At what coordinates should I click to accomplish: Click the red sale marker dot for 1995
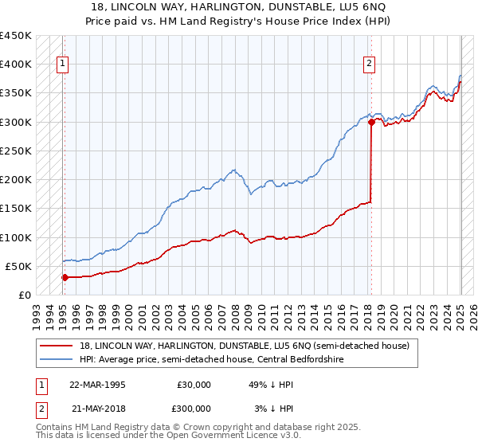65,278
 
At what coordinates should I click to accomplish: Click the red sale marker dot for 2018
371,122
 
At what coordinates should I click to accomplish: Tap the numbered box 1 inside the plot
63,65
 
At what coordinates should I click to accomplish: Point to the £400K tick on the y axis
16,65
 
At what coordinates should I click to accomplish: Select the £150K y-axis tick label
16,209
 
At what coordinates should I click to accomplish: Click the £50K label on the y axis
19,266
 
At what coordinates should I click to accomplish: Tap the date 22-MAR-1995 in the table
98,384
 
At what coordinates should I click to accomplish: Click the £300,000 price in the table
192,408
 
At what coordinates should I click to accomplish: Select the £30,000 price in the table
194,384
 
